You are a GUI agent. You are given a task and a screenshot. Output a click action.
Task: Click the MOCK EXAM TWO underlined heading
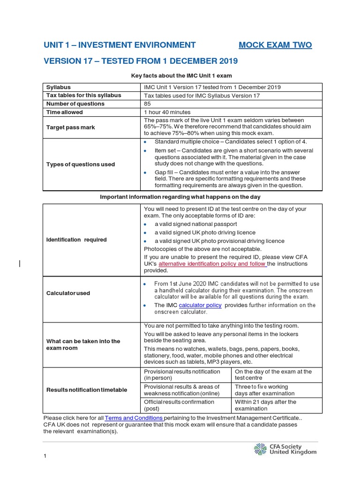pos(275,45)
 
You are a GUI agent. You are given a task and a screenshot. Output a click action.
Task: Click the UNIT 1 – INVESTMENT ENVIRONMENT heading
pos(120,45)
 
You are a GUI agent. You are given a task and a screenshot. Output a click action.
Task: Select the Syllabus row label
pos(59,87)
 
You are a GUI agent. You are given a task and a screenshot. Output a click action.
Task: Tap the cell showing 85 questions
pos(148,104)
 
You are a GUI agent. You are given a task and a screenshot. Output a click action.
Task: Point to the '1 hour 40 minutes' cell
pos(167,112)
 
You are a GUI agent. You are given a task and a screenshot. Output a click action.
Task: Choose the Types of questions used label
pos(81,165)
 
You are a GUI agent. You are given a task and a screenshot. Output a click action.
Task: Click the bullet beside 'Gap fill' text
pos(146,172)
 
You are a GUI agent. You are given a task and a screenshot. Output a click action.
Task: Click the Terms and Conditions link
pos(134,418)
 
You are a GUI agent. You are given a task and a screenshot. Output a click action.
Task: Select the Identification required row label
pos(76,240)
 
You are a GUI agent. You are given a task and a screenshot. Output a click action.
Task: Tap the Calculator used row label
pos(68,293)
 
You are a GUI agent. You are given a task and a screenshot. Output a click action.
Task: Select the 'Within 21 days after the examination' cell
pos(266,405)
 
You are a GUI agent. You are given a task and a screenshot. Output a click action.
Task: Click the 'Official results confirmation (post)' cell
pos(179,405)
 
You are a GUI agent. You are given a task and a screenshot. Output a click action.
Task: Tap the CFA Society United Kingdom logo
pos(285,449)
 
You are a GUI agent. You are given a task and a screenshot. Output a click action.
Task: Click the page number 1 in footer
pos(45,456)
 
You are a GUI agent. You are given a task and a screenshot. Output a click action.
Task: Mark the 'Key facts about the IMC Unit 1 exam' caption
pos(181,75)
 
